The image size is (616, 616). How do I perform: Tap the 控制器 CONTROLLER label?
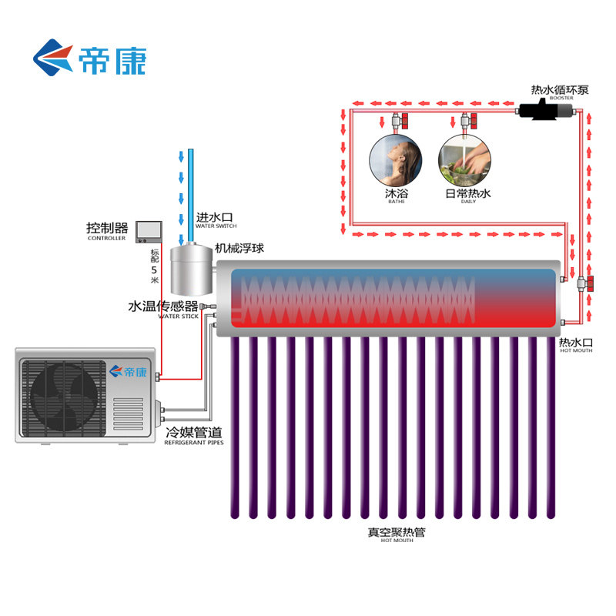tap(107, 230)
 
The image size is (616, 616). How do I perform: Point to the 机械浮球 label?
tap(239, 249)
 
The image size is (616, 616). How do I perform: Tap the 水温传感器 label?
tap(163, 307)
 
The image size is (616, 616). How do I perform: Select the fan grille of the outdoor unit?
tap(62, 395)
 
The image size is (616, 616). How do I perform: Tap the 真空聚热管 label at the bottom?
tap(397, 531)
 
